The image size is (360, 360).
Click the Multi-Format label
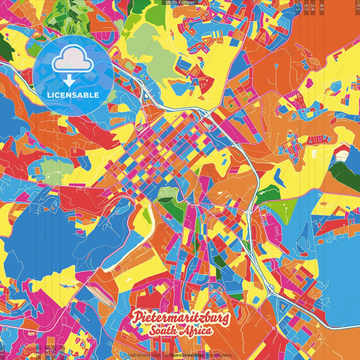pos(180,3)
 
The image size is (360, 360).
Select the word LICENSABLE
pos(73,95)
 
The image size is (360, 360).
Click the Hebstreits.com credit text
pos(145,355)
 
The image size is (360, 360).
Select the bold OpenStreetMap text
pos(187,355)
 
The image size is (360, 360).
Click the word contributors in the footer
pos(219,355)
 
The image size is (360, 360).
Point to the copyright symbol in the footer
pos(166,355)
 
